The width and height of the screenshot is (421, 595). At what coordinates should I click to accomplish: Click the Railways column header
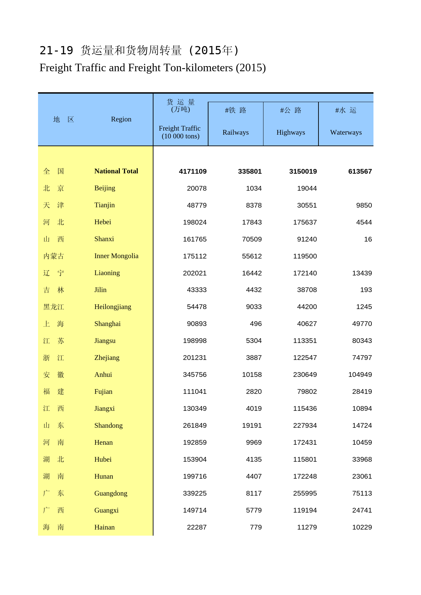[x=236, y=132]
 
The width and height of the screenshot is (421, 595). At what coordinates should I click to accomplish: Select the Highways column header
[x=291, y=132]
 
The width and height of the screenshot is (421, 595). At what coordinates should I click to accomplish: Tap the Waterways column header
[x=346, y=132]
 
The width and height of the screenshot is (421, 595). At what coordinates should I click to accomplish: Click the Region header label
[x=121, y=119]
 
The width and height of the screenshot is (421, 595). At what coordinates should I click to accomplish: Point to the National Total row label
[x=116, y=171]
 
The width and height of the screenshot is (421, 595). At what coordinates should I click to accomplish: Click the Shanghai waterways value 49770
[x=362, y=324]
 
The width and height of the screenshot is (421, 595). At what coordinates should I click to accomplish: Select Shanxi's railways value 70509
[x=252, y=239]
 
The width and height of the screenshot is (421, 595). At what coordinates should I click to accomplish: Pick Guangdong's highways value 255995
[x=305, y=493]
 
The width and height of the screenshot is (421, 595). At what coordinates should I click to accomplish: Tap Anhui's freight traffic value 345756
[x=195, y=375]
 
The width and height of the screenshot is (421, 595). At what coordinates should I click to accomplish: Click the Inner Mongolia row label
[x=116, y=256]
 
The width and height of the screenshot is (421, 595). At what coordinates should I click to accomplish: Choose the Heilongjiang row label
[x=113, y=307]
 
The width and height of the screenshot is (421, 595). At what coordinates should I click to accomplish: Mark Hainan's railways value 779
[x=256, y=527]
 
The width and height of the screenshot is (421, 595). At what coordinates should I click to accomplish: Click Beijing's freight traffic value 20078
[x=197, y=188]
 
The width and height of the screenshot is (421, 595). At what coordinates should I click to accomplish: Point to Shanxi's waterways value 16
[x=368, y=239]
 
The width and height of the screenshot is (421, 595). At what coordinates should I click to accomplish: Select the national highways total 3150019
[x=303, y=171]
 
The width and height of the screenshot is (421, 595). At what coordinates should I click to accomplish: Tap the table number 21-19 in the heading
[x=56, y=51]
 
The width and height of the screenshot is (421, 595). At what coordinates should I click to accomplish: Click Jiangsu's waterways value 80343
[x=362, y=341]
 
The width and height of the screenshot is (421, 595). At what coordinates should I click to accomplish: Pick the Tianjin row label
[x=105, y=205]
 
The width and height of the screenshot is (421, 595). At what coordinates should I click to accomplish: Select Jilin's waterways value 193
[x=366, y=290]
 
